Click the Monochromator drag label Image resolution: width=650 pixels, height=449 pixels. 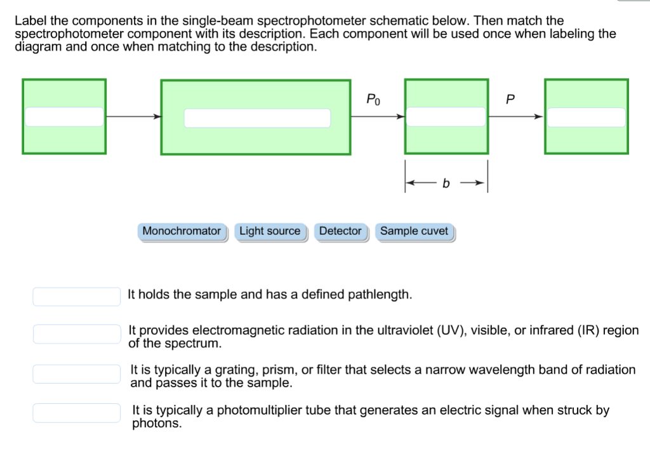[x=182, y=231]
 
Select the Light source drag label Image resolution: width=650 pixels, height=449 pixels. [x=270, y=231]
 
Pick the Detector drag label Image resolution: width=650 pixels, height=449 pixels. [x=340, y=231]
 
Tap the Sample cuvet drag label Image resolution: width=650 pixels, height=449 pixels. [x=414, y=231]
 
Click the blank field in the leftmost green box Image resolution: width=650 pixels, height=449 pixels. [x=64, y=117]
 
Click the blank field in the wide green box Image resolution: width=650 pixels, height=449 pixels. [x=257, y=118]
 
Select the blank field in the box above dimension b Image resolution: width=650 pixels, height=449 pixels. [x=446, y=117]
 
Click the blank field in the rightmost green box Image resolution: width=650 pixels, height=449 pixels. [x=587, y=117]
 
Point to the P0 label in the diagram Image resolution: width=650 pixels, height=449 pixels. [x=374, y=99]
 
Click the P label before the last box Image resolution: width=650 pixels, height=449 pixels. [x=509, y=99]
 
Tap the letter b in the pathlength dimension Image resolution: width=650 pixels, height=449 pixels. [x=446, y=184]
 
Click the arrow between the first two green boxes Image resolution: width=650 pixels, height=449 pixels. [x=133, y=116]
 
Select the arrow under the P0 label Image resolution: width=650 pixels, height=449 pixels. [x=378, y=116]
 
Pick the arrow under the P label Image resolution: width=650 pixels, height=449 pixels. [x=516, y=116]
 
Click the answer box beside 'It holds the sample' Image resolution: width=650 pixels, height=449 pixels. [x=77, y=297]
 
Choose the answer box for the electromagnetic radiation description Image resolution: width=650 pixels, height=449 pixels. [x=77, y=333]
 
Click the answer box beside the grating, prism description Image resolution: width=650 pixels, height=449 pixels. [x=77, y=374]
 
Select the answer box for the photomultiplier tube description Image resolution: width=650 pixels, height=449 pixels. [x=77, y=413]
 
